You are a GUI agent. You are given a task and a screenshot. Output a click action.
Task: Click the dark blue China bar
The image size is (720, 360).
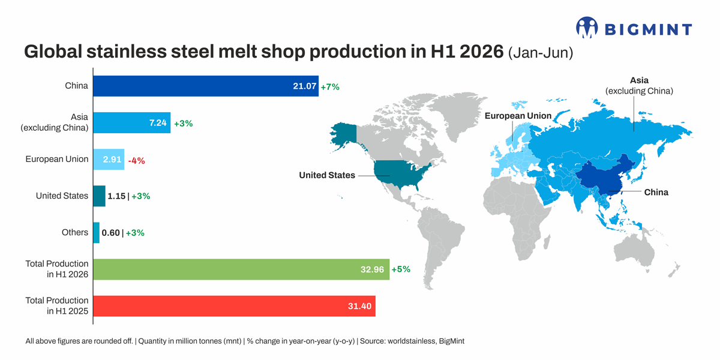206,86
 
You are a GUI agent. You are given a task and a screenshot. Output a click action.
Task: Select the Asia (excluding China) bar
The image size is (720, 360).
132,122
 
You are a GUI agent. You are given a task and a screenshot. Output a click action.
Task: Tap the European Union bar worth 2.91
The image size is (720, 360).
109,159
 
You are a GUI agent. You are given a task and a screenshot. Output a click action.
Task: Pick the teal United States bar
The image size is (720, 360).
100,196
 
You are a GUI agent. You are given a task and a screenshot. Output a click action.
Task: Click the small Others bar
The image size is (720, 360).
97,233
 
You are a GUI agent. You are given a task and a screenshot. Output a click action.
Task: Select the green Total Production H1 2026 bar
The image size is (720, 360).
241,269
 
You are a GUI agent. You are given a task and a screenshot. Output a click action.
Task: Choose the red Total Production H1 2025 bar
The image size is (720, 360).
235,306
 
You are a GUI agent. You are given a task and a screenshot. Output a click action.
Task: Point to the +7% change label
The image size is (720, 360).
330,87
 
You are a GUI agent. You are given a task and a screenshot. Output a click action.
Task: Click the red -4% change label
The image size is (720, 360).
137,160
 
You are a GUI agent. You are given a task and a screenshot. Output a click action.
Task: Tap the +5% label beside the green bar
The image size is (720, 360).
401,269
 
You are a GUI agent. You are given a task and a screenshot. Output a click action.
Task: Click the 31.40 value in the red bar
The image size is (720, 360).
359,306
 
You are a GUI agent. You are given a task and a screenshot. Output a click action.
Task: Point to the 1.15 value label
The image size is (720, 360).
116,196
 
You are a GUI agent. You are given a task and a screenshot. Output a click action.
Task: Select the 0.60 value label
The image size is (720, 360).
110,233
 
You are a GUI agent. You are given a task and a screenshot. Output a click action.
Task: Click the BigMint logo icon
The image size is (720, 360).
587,28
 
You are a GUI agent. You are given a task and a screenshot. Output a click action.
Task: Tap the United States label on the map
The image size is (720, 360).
327,175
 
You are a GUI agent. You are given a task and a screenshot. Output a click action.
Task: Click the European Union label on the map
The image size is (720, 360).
518,116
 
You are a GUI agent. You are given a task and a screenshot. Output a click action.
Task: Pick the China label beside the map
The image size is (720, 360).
656,192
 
